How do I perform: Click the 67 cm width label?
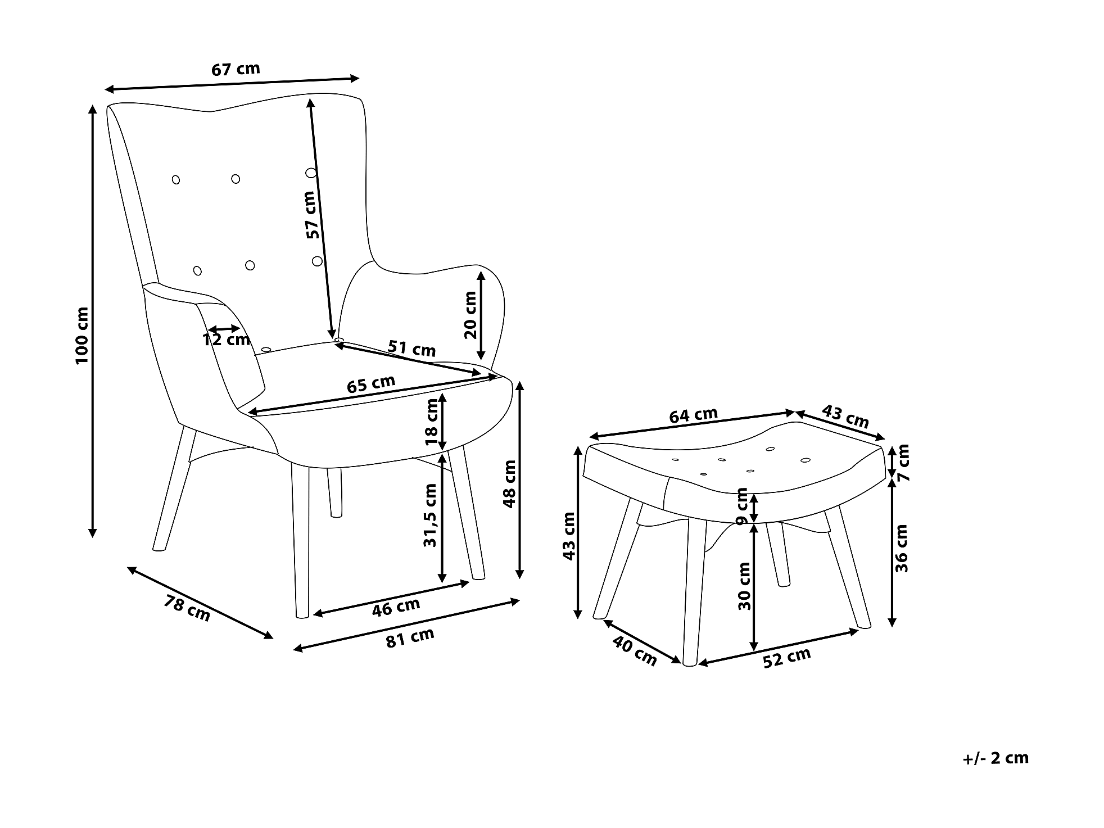pyautogui.click(x=236, y=69)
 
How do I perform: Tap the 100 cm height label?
pyautogui.click(x=82, y=335)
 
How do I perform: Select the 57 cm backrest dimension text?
pyautogui.click(x=313, y=215)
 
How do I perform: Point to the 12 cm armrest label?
pyautogui.click(x=226, y=340)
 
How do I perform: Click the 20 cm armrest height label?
pyautogui.click(x=470, y=315)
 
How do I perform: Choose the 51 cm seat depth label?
pyautogui.click(x=411, y=349)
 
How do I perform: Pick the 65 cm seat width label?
pyautogui.click(x=370, y=384)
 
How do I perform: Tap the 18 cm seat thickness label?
pyautogui.click(x=432, y=422)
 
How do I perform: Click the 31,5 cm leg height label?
pyautogui.click(x=430, y=515)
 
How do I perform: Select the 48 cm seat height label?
pyautogui.click(x=509, y=483)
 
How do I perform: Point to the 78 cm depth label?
pyautogui.click(x=187, y=608)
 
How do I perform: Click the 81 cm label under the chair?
pyautogui.click(x=410, y=638)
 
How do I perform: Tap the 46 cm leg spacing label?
pyautogui.click(x=396, y=607)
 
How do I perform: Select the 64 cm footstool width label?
pyautogui.click(x=693, y=415)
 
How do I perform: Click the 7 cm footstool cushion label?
pyautogui.click(x=903, y=462)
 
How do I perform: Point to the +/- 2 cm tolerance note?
pyautogui.click(x=995, y=758)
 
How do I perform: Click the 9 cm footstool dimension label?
pyautogui.click(x=742, y=506)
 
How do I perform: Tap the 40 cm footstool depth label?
pyautogui.click(x=634, y=651)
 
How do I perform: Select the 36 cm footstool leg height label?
pyautogui.click(x=902, y=548)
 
